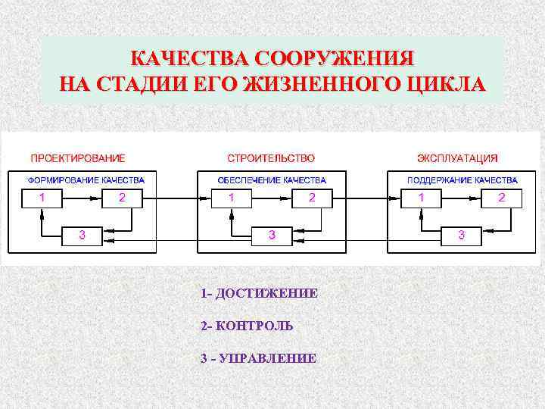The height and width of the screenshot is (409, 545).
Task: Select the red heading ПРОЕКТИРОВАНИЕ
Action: click(77, 158)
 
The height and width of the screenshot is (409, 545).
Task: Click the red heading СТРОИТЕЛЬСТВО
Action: click(272, 158)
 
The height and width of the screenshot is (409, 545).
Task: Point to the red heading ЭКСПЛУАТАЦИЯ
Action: click(457, 158)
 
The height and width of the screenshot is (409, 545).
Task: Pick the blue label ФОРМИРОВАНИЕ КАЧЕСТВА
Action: click(86, 180)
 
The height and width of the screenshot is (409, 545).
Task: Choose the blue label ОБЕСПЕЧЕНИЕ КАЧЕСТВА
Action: click(272, 180)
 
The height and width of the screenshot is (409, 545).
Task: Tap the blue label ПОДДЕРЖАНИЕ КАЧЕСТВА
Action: click(462, 180)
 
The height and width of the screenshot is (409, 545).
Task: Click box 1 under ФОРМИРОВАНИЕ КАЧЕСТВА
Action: click(42, 198)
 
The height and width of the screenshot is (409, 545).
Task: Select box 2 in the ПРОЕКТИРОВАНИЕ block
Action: click(122, 198)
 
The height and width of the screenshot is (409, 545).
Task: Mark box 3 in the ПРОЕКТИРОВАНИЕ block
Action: click(82, 236)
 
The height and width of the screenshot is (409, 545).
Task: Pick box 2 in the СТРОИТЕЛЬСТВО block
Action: click(311, 198)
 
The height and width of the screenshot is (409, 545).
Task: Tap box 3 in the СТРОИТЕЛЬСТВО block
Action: click(272, 236)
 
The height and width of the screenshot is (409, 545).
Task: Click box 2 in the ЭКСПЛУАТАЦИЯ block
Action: click(501, 198)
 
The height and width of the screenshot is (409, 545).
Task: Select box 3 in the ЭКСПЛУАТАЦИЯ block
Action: click(462, 236)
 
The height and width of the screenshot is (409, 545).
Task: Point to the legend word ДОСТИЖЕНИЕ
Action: click(266, 293)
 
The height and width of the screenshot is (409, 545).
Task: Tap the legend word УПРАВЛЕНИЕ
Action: click(267, 358)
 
